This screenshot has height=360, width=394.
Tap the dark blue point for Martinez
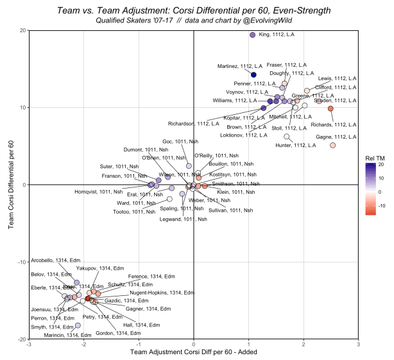point(253,74)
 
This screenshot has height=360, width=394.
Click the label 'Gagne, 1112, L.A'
point(335,137)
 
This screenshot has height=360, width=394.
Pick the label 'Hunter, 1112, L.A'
point(295,146)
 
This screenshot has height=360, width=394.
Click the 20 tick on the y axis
point(23,31)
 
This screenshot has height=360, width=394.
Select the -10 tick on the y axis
point(21,262)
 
